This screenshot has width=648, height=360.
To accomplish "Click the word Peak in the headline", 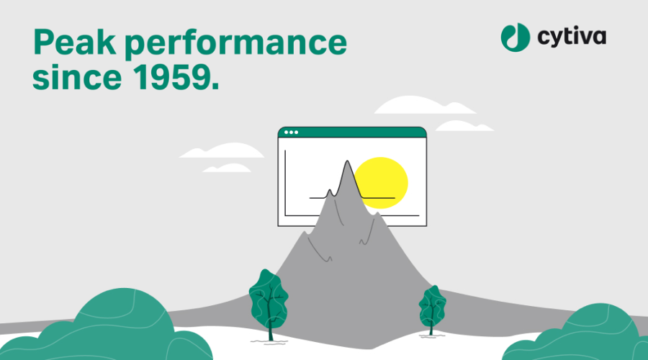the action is point(75,42).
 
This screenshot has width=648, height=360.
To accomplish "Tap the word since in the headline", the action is point(77,77).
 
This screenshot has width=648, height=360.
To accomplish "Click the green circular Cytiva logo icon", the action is point(516,37).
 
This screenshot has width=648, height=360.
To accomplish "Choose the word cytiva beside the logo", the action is point(572,37).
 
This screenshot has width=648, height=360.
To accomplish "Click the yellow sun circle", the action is point(381,183).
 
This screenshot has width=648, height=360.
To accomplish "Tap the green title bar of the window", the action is point(352,132).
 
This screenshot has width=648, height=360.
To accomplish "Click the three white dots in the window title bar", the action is point(291,132).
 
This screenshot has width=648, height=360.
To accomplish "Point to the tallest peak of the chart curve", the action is point(347,161).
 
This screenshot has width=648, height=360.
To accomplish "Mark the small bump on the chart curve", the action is point(329,191).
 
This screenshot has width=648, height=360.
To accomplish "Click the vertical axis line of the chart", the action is point(285,183).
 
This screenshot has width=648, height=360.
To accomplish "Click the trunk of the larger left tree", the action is point(271,327).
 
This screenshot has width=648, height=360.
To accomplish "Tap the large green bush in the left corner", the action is point(107,327).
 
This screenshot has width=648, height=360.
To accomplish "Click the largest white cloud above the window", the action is point(424,105).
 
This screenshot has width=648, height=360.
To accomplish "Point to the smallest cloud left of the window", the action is point(227,168).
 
